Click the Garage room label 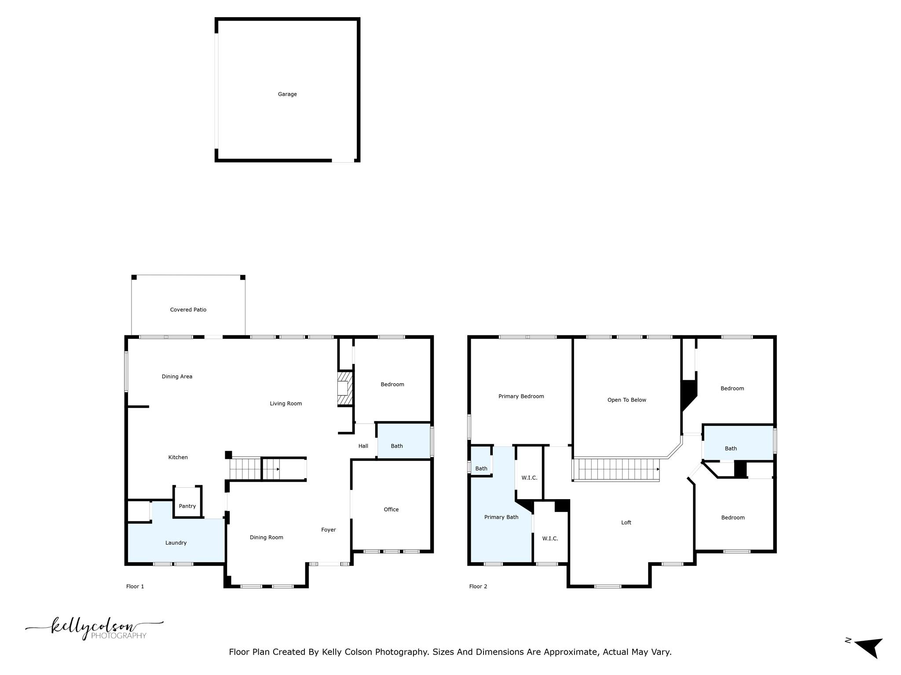pyautogui.click(x=287, y=94)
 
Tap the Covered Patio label pyautogui.click(x=188, y=310)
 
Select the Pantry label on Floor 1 pyautogui.click(x=187, y=506)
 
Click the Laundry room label pyautogui.click(x=176, y=543)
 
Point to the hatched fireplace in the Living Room pyautogui.click(x=345, y=388)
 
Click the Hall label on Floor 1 pyautogui.click(x=363, y=446)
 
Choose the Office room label pyautogui.click(x=391, y=509)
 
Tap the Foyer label pyautogui.click(x=328, y=530)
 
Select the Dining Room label pyautogui.click(x=266, y=537)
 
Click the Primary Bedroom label pyautogui.click(x=521, y=396)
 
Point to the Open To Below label pyautogui.click(x=626, y=400)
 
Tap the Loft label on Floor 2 pyautogui.click(x=626, y=523)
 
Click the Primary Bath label pyautogui.click(x=501, y=517)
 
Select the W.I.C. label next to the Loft pyautogui.click(x=550, y=538)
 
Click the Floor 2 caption pyautogui.click(x=478, y=586)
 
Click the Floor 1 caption pyautogui.click(x=135, y=586)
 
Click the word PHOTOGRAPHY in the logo pyautogui.click(x=118, y=636)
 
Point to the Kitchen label pyautogui.click(x=178, y=457)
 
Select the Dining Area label pyautogui.click(x=177, y=377)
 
